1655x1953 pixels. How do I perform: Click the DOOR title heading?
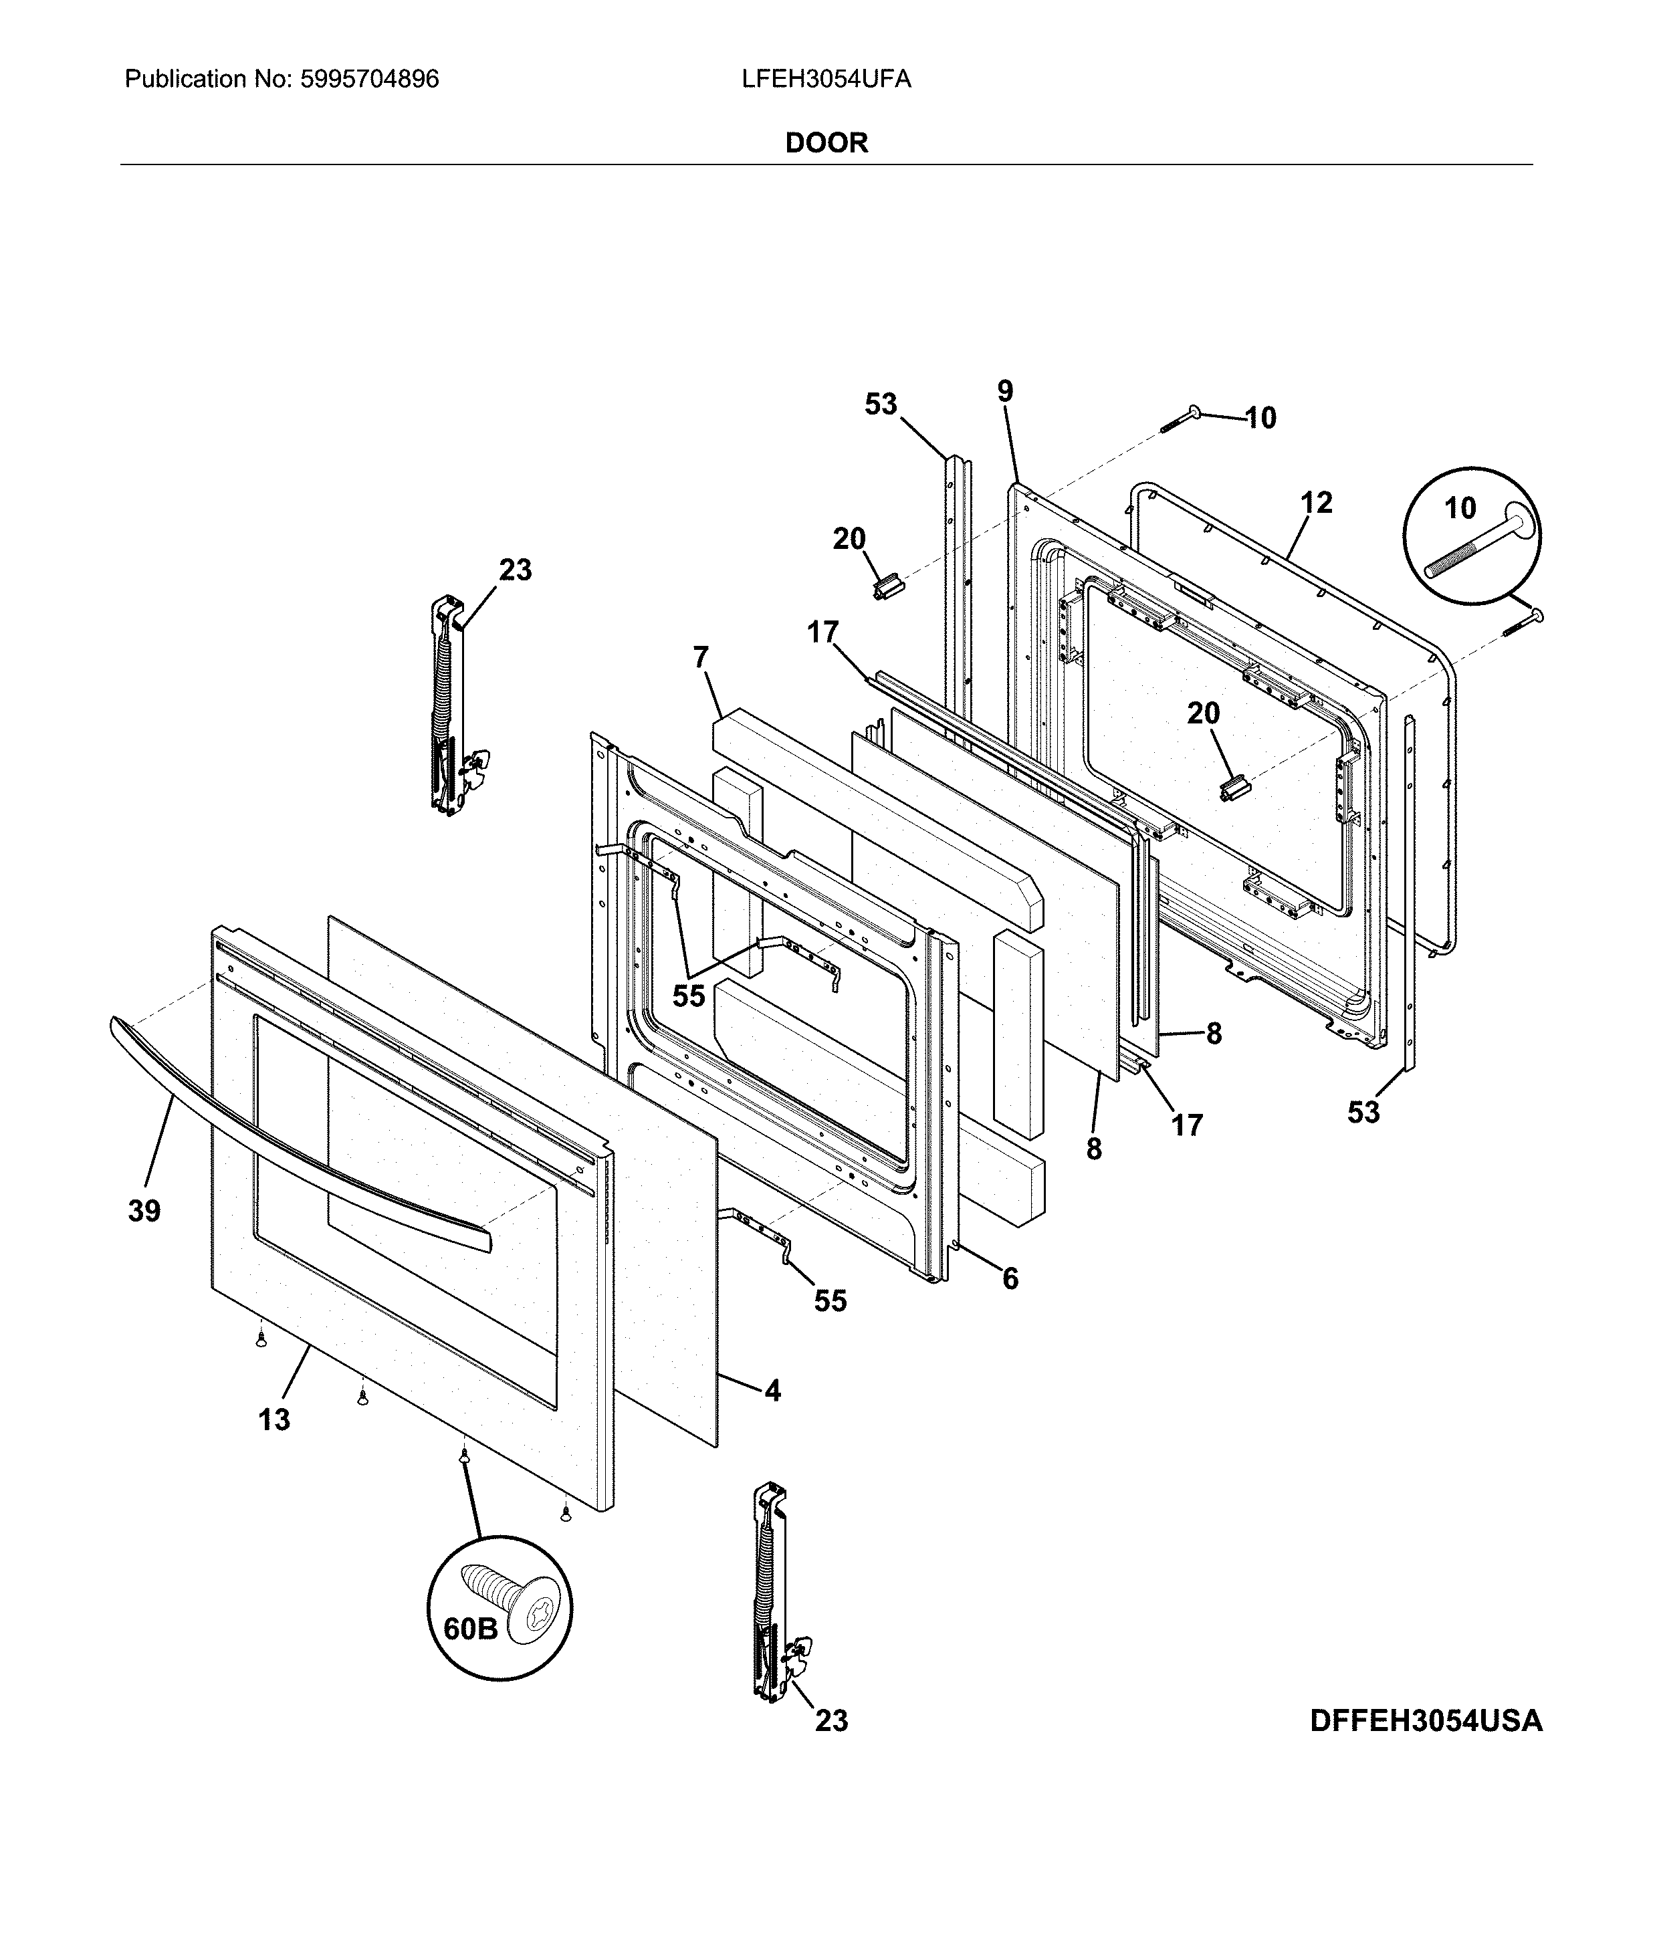pyautogui.click(x=826, y=142)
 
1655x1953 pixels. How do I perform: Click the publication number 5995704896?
pyautogui.click(x=368, y=79)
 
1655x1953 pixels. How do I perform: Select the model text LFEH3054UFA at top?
pyautogui.click(x=826, y=79)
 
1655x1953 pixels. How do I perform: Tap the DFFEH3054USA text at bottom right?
pyautogui.click(x=1425, y=1721)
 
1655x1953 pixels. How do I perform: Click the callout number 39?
pyautogui.click(x=144, y=1211)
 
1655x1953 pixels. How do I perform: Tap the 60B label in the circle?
pyautogui.click(x=470, y=1629)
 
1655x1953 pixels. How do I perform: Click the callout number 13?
pyautogui.click(x=274, y=1420)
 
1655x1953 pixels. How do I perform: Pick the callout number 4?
pyautogui.click(x=772, y=1390)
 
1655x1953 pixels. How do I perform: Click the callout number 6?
pyautogui.click(x=1010, y=1278)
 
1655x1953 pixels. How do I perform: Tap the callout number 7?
pyautogui.click(x=701, y=657)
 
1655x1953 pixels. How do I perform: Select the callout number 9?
pyautogui.click(x=1005, y=391)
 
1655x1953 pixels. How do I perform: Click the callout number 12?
pyautogui.click(x=1316, y=503)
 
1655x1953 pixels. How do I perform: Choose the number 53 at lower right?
pyautogui.click(x=1363, y=1113)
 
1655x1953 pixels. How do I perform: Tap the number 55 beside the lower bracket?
pyautogui.click(x=829, y=1300)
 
